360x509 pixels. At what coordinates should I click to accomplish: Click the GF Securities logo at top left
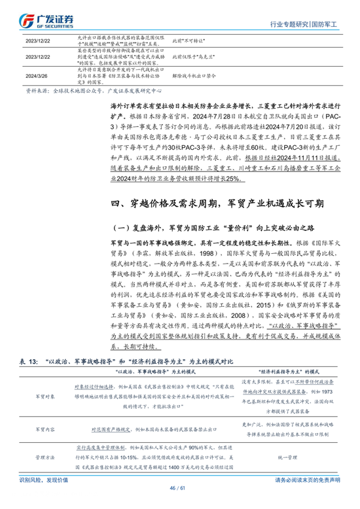pyautogui.click(x=45, y=20)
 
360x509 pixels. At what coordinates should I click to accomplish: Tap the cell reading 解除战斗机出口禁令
pyautogui.click(x=190, y=75)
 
